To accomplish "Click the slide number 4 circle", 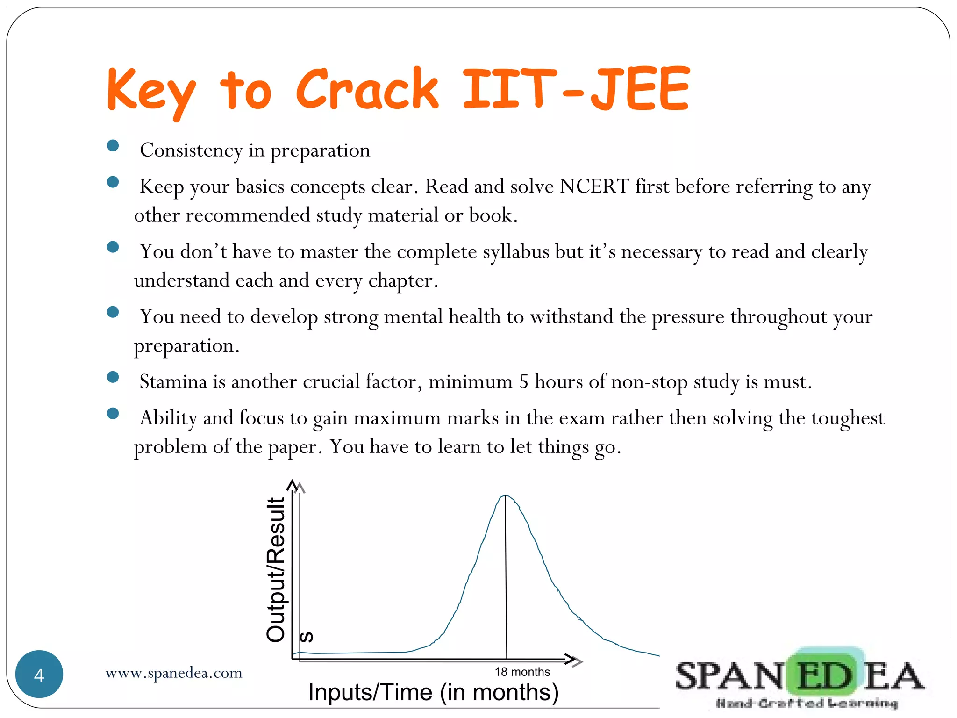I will click(x=39, y=674).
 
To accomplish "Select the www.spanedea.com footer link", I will click(x=174, y=673).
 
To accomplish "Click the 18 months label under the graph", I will click(x=522, y=672).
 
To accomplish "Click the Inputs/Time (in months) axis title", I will click(x=433, y=692).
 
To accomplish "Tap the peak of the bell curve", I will click(x=505, y=496).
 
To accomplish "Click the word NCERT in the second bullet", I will click(x=594, y=187).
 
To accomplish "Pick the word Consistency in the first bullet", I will click(x=191, y=151).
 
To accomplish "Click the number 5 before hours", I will click(x=524, y=382).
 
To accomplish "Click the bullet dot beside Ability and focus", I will click(x=113, y=413).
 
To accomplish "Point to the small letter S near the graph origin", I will click(x=307, y=637).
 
